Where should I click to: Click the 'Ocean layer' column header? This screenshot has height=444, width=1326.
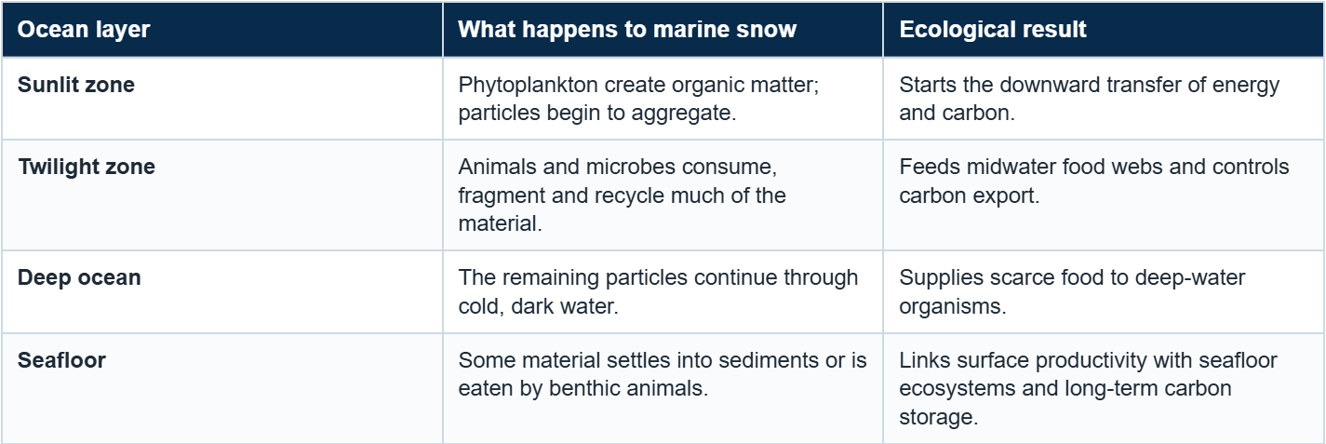pos(84,30)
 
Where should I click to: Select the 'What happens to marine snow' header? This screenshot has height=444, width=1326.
pos(627,30)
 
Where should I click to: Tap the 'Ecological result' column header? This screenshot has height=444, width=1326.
pos(993,30)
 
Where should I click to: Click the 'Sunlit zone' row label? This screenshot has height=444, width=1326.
pos(75,85)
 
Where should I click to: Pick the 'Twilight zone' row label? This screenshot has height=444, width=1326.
pos(87,167)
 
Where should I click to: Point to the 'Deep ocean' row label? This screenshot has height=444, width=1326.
pos(79,277)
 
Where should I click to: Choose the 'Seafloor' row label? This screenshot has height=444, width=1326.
pos(61,360)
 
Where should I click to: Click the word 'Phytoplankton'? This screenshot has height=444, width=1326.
pos(528,86)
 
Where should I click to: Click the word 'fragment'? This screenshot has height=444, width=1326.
pos(502,196)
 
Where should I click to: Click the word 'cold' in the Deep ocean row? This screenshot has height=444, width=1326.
pos(478,306)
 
